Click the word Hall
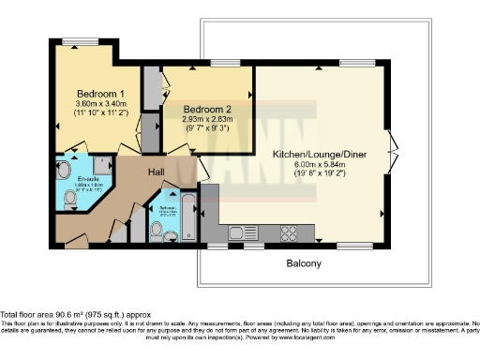156,172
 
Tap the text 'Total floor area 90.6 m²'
56,315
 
